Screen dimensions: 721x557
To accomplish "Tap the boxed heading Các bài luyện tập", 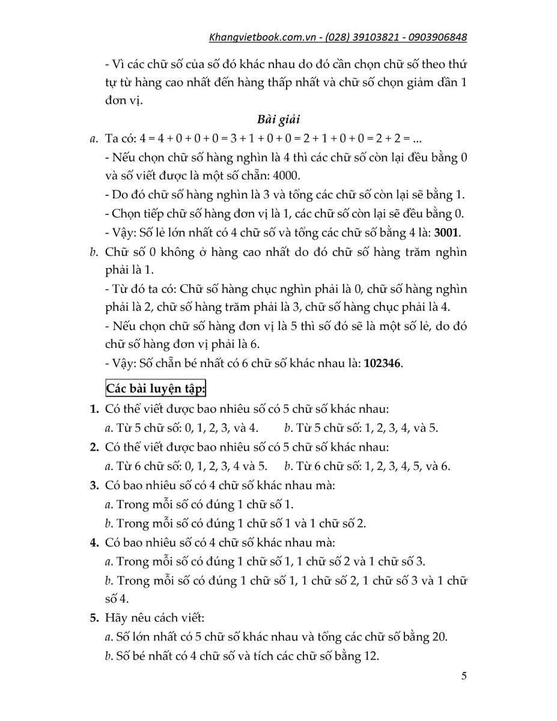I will click(156, 389).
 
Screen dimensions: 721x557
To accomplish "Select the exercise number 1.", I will click(94, 410).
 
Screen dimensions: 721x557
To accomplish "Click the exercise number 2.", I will click(94, 448).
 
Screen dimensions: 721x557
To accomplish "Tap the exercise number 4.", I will click(94, 543).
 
